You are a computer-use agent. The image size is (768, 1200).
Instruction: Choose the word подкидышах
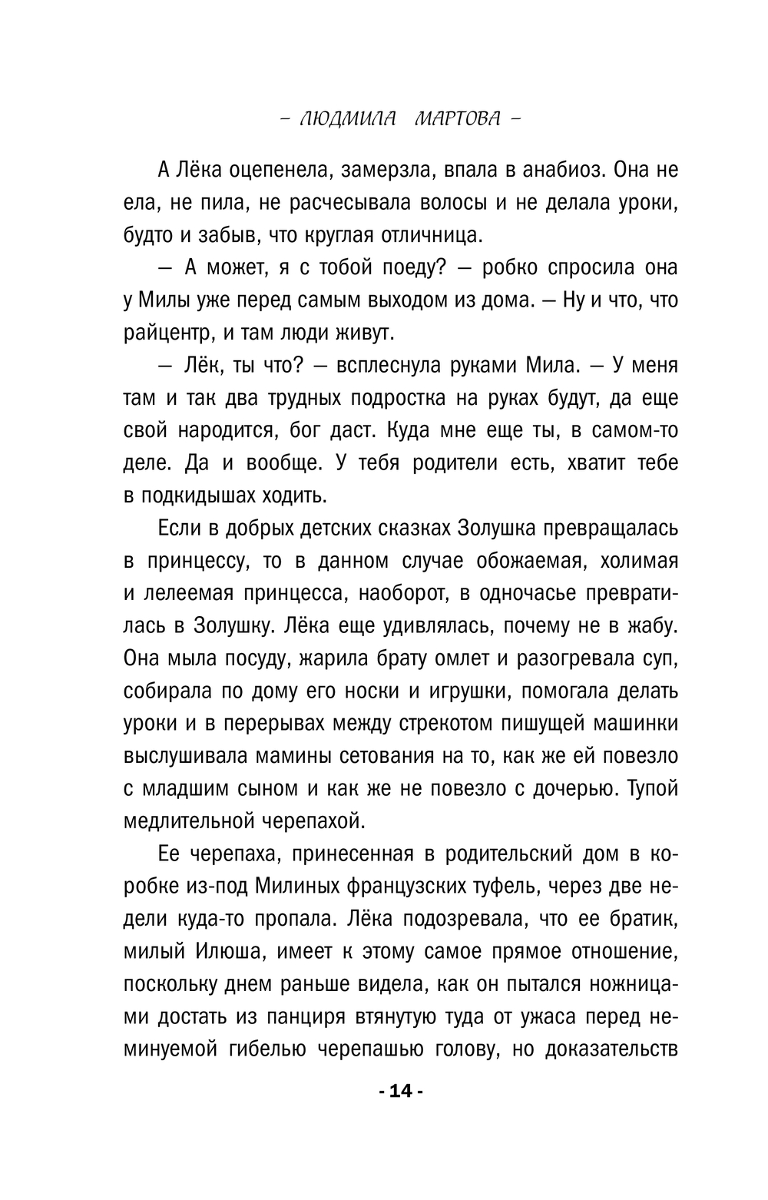pyautogui.click(x=205, y=496)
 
